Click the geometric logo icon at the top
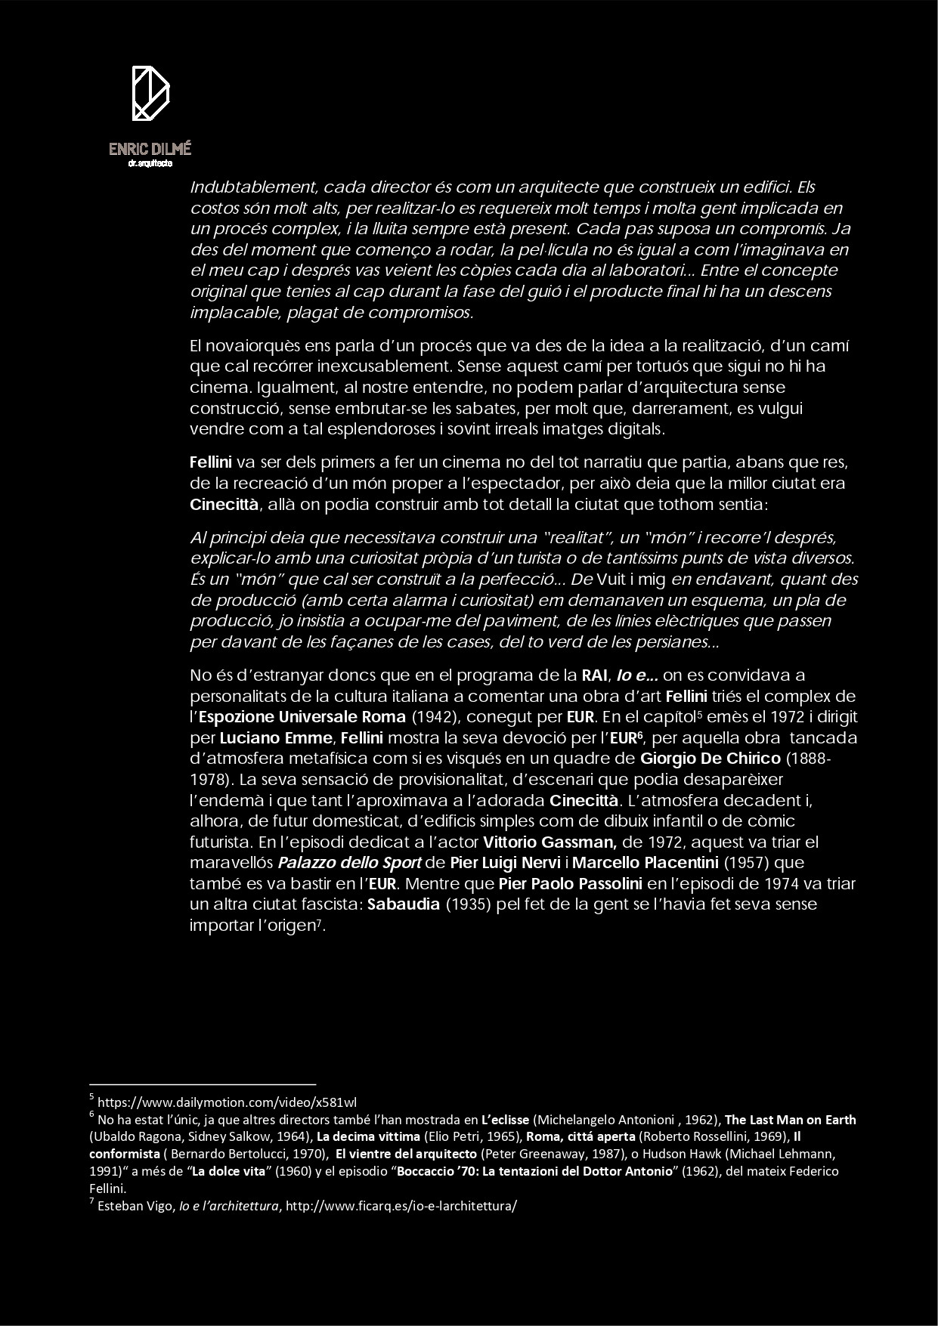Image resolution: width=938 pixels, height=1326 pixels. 150,94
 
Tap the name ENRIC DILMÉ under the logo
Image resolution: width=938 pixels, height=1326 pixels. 150,149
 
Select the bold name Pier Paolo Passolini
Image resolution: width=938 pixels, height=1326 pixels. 571,883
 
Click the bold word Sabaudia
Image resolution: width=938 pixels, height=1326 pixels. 403,904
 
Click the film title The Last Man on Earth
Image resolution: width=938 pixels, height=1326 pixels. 790,1120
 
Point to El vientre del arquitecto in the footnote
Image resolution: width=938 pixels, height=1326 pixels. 407,1154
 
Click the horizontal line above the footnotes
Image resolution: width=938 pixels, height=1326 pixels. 202,1083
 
